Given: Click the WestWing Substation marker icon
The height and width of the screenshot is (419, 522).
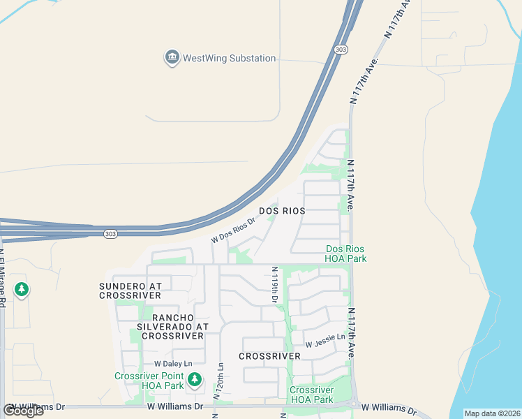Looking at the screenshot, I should pyautogui.click(x=172, y=58).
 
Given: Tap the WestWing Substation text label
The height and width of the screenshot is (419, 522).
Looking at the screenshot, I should pyautogui.click(x=229, y=59).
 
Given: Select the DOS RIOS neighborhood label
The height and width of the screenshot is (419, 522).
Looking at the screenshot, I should pyautogui.click(x=282, y=211).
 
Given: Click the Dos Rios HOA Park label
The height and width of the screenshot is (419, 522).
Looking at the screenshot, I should pyautogui.click(x=345, y=253).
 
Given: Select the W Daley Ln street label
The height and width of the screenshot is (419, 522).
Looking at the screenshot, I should pyautogui.click(x=172, y=364).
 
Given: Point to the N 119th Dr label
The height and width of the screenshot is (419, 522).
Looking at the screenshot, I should pyautogui.click(x=274, y=284).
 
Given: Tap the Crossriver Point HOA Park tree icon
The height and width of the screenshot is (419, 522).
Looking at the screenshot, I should pyautogui.click(x=195, y=380).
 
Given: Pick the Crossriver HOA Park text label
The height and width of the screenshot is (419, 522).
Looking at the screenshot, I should pyautogui.click(x=311, y=395).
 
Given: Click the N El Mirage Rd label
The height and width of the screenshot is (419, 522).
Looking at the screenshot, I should pyautogui.click(x=3, y=279).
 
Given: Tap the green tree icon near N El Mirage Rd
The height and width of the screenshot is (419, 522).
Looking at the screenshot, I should pyautogui.click(x=22, y=288).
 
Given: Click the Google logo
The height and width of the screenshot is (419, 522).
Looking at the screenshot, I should pyautogui.click(x=23, y=411).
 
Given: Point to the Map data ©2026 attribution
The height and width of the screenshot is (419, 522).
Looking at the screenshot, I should pyautogui.click(x=492, y=413).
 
